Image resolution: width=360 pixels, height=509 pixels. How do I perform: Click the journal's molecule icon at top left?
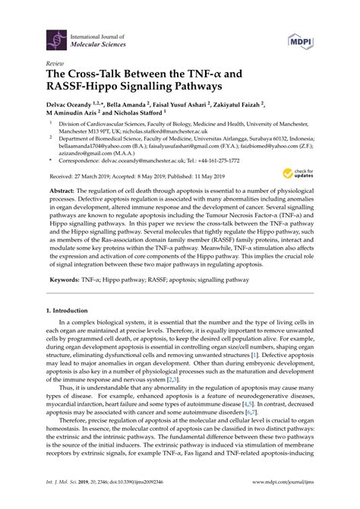pyautogui.click(x=55, y=39)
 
